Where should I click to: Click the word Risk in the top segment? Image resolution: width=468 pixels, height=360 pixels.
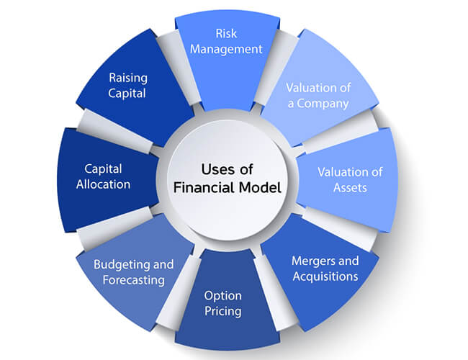(226, 33)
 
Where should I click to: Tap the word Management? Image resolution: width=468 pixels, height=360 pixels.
(226, 49)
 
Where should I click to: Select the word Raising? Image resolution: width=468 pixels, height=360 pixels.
(128, 78)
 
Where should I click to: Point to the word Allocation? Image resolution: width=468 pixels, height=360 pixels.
(103, 184)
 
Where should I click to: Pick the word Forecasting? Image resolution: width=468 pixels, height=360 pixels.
(134, 280)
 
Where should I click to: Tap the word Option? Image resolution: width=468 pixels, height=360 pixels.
(223, 296)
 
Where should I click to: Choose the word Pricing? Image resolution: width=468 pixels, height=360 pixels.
(223, 311)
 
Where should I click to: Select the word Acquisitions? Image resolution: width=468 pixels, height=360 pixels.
(325, 276)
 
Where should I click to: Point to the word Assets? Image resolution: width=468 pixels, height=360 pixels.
(350, 188)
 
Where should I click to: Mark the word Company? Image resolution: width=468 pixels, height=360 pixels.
(323, 104)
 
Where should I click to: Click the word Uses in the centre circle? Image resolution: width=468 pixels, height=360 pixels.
(215, 169)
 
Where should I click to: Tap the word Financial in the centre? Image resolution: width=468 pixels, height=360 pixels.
(204, 188)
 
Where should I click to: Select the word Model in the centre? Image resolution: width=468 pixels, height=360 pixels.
(260, 188)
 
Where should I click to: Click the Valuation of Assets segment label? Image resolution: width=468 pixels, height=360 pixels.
(350, 180)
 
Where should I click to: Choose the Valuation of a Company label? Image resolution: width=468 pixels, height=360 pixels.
(318, 96)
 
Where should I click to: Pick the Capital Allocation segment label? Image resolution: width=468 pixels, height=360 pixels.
(103, 176)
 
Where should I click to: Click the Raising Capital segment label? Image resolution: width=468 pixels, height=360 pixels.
(127, 86)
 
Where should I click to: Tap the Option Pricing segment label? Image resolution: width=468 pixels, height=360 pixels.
(223, 304)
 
